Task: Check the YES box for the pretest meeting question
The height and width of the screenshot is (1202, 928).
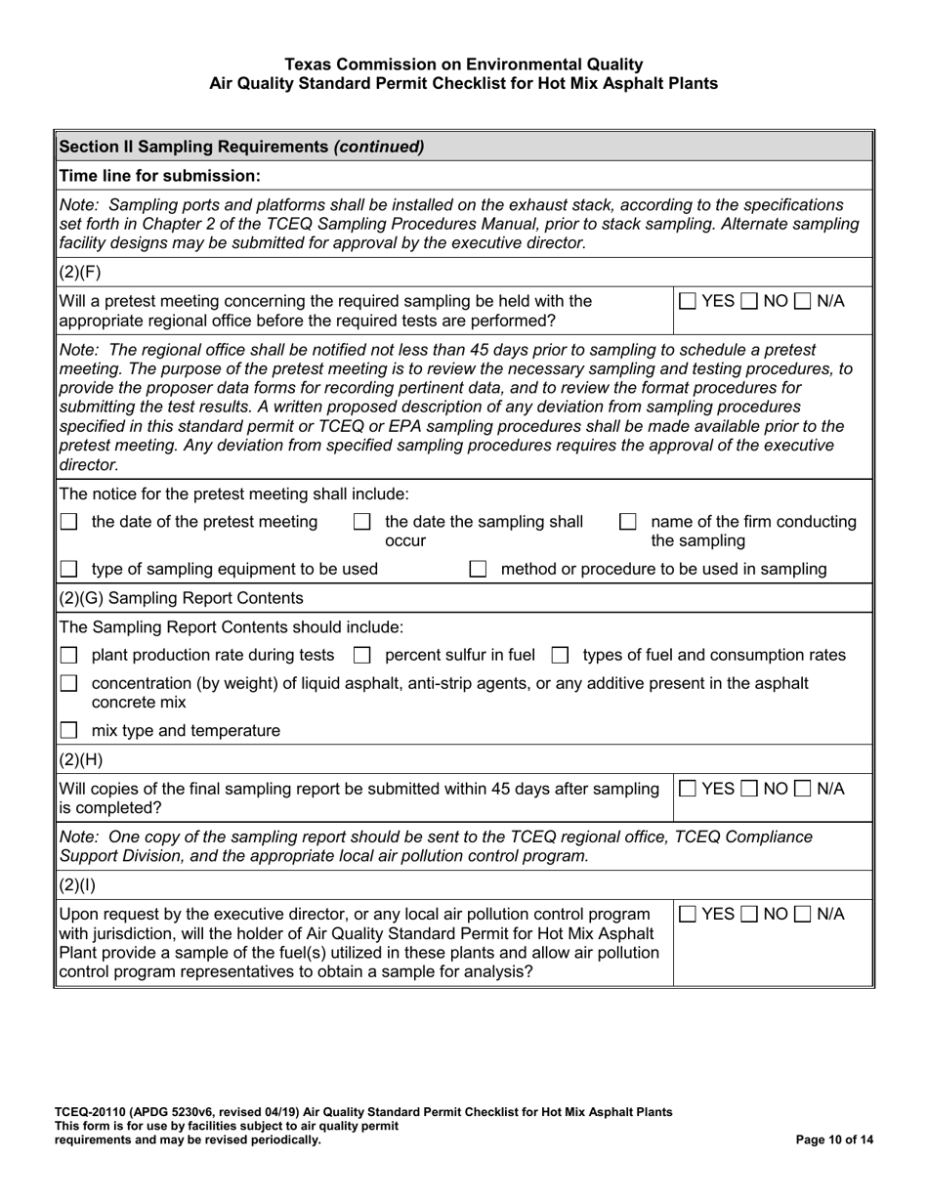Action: point(688,302)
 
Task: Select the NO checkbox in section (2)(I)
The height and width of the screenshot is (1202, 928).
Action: point(750,915)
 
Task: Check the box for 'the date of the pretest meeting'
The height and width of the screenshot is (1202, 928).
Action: point(69,523)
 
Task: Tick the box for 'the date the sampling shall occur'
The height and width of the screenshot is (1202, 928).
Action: point(361,523)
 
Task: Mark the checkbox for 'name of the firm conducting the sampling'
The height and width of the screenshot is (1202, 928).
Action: point(629,523)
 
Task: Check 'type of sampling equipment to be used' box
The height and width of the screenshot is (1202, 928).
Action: point(69,570)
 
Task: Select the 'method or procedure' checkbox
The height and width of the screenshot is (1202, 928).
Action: point(478,570)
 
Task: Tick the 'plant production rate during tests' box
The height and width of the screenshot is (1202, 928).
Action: point(69,656)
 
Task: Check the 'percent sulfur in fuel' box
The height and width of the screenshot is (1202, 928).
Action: point(361,656)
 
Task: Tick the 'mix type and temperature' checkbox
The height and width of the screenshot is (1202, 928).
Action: point(69,731)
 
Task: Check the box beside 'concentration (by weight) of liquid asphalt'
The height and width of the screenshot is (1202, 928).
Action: point(69,684)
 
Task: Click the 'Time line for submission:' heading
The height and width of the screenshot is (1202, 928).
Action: point(160,176)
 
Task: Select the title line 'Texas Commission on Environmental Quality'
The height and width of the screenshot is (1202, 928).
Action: point(464,64)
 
